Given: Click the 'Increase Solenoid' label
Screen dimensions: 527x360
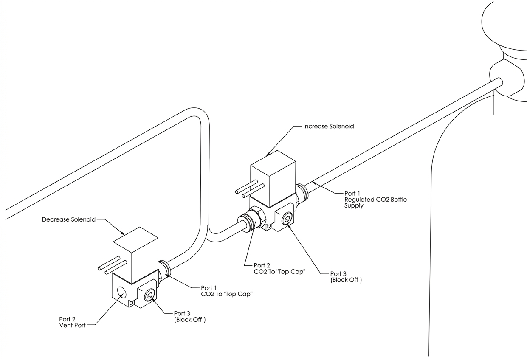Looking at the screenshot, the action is point(328,126).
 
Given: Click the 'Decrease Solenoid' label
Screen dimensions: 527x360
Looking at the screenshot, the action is point(69,219).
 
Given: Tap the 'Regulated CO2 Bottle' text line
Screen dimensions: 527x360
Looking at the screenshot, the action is point(375,200).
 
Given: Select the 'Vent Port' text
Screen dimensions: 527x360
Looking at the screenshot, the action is point(73,325).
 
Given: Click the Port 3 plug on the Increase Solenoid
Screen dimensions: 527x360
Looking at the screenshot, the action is point(287,219).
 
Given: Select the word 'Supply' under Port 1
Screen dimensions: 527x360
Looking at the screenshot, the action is point(354,205).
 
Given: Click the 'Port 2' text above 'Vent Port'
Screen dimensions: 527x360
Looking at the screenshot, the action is point(67,319).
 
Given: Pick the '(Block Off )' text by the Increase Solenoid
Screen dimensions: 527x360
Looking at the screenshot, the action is point(346,280).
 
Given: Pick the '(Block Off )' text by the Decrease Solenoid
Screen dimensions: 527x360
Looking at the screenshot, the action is point(190,320).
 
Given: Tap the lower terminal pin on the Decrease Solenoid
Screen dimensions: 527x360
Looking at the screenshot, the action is point(116,267).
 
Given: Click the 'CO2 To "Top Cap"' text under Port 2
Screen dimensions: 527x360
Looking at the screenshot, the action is point(279,272).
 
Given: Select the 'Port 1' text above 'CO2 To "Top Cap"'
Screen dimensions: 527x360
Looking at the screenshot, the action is point(209,288).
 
